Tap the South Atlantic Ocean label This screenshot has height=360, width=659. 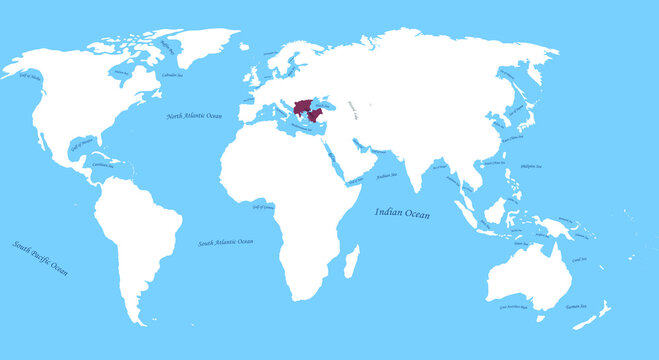click(x=225, y=242)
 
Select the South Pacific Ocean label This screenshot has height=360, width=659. click(x=41, y=258)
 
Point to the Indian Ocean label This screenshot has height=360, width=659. click(x=404, y=212)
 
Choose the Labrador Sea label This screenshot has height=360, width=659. click(x=171, y=75)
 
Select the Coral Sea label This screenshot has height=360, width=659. click(x=579, y=258)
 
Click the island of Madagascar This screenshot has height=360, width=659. click(x=352, y=263)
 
